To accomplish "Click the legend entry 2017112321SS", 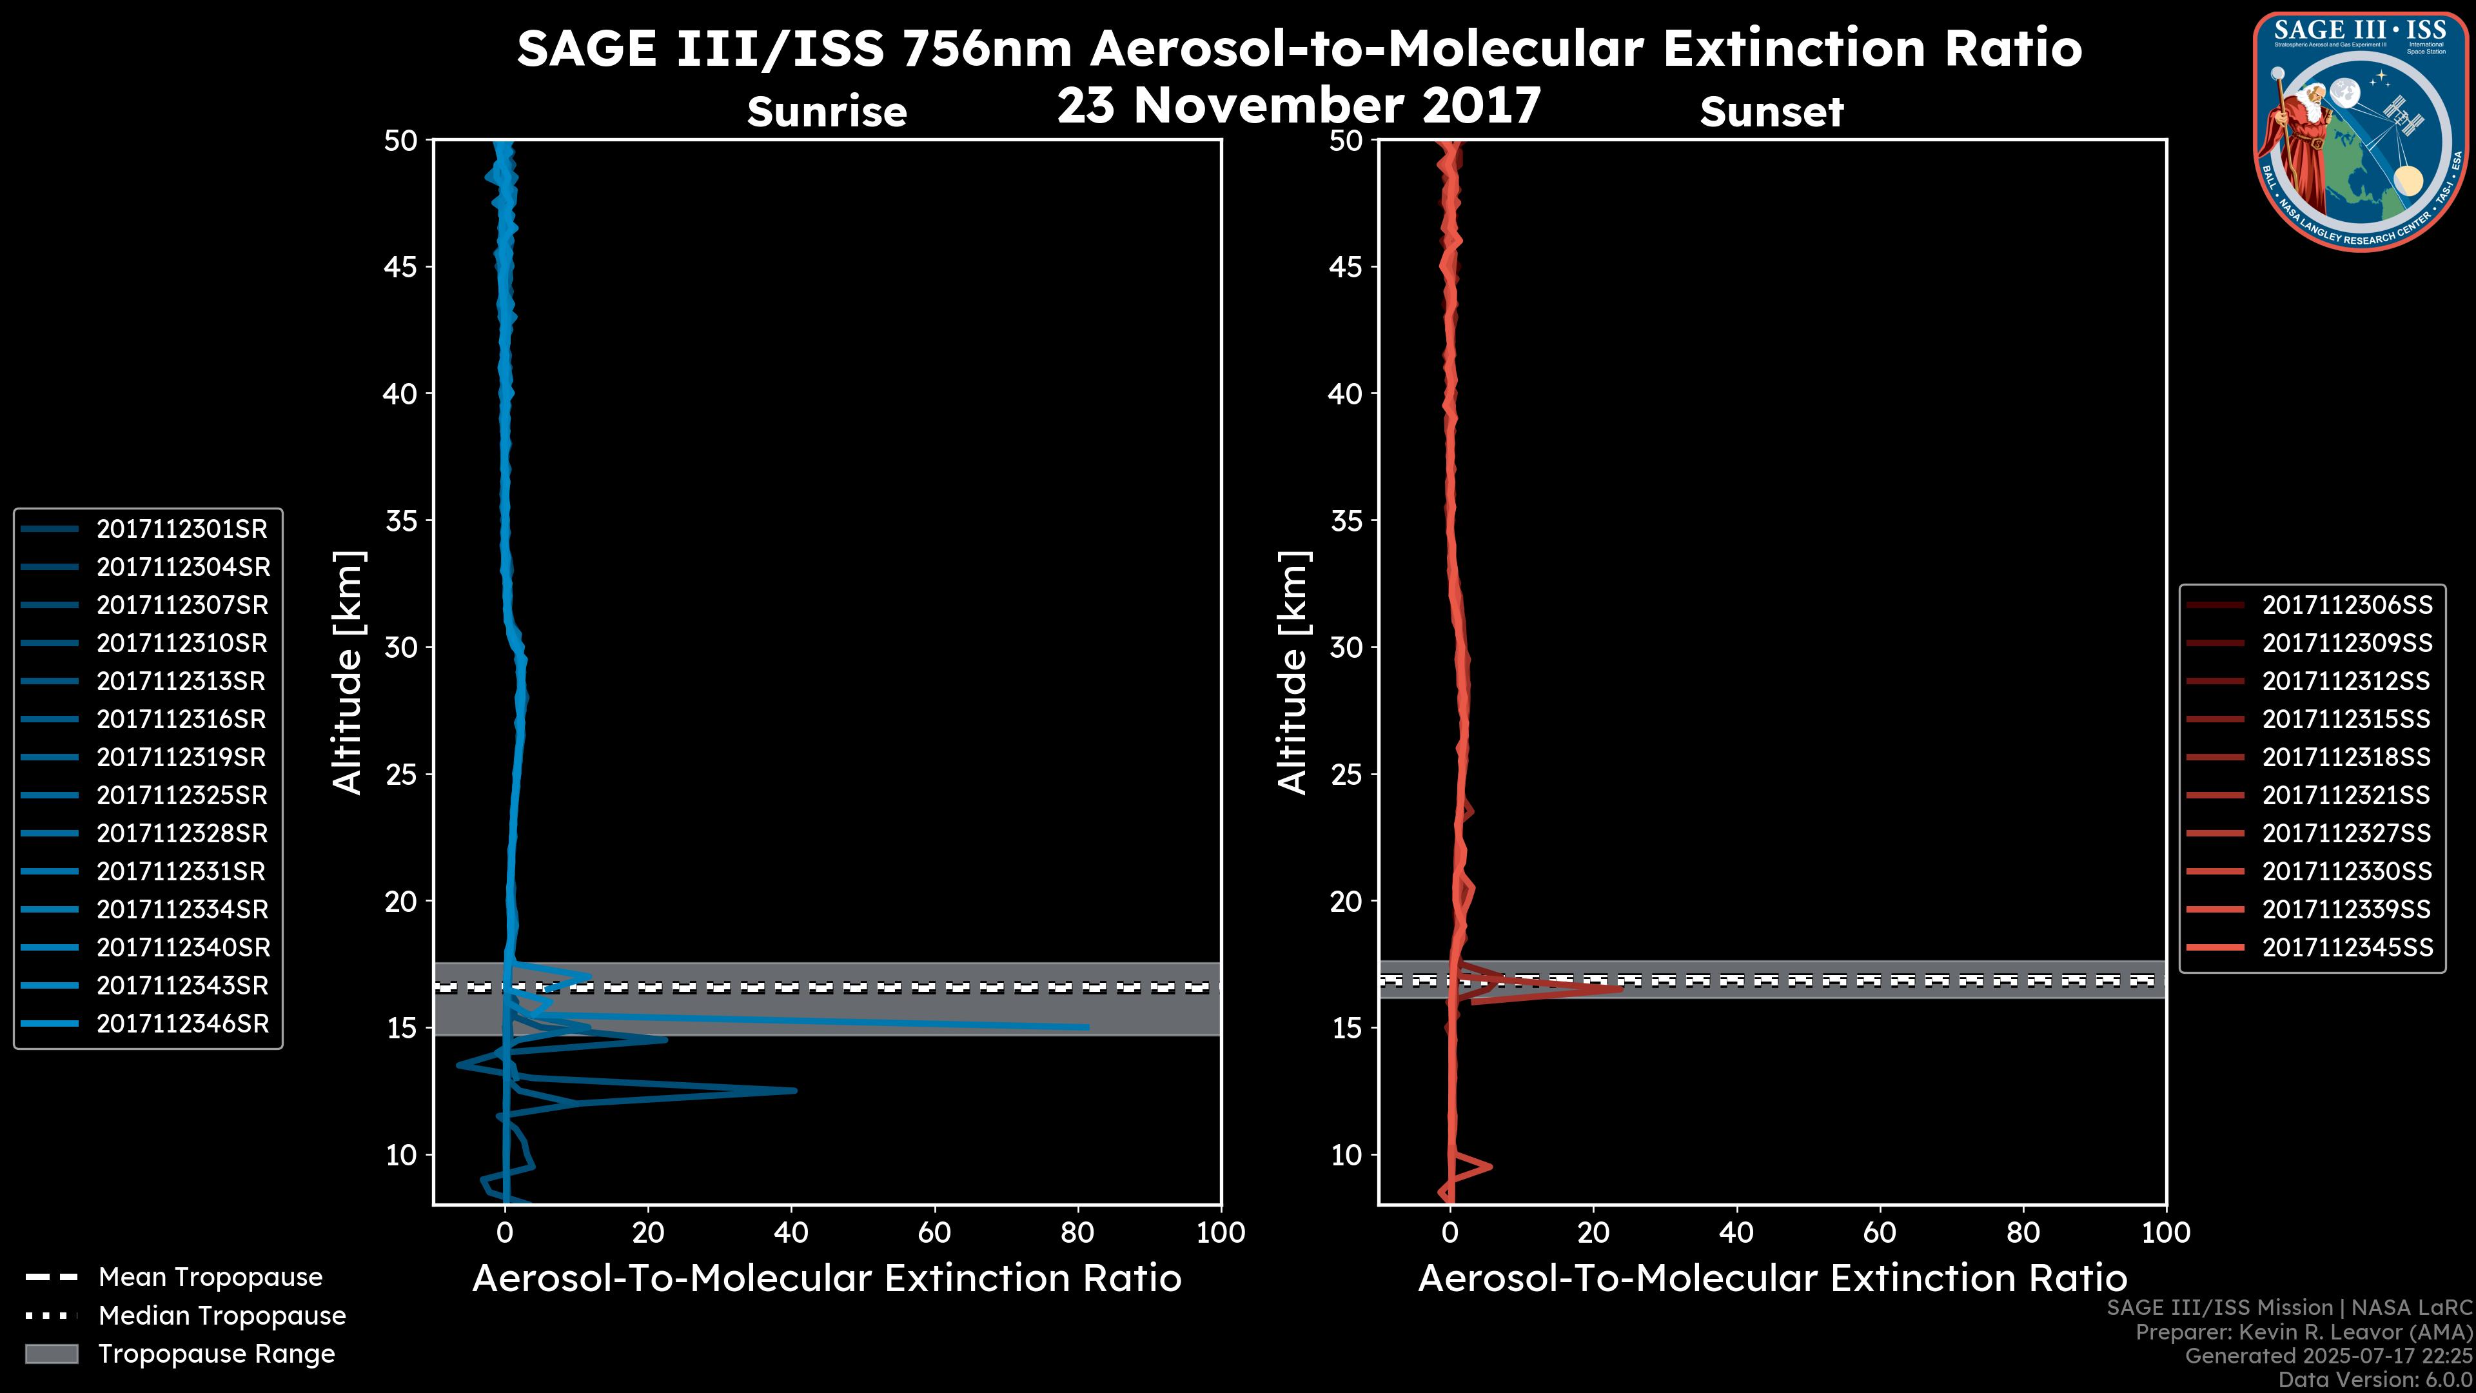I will pyautogui.click(x=2345, y=795).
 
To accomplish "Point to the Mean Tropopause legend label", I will pyautogui.click(x=210, y=1277).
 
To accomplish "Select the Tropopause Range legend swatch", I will pyautogui.click(x=51, y=1354).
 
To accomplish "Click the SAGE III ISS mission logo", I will pyautogui.click(x=2362, y=132).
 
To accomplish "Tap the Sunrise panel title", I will pyautogui.click(x=827, y=112).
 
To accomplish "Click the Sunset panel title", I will pyautogui.click(x=1771, y=112).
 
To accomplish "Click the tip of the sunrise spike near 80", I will pyautogui.click(x=1087, y=1027).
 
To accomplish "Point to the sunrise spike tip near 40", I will pyautogui.click(x=795, y=1090).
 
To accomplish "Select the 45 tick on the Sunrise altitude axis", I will pyautogui.click(x=401, y=266).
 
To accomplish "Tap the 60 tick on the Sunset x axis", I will pyautogui.click(x=1879, y=1232).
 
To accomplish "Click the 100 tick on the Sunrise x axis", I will pyautogui.click(x=1220, y=1232).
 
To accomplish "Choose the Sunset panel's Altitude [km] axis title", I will pyautogui.click(x=1293, y=672).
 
